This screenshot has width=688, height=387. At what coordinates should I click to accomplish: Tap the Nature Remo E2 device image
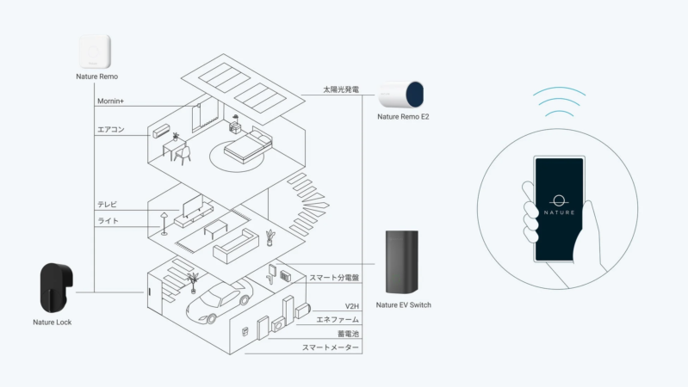pyautogui.click(x=401, y=96)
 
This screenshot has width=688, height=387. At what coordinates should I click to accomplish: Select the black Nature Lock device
pyautogui.click(x=56, y=287)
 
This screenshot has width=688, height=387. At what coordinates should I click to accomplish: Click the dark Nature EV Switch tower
pyautogui.click(x=402, y=261)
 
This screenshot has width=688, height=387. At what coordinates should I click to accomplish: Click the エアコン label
pyautogui.click(x=111, y=131)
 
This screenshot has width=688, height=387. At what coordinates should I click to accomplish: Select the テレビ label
pyautogui.click(x=108, y=205)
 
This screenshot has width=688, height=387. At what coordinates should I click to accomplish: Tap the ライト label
pyautogui.click(x=108, y=222)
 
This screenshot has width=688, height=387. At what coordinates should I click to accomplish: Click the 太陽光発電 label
pyautogui.click(x=340, y=89)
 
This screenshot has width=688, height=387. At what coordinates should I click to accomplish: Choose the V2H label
pyautogui.click(x=351, y=306)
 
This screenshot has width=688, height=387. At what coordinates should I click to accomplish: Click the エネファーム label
pyautogui.click(x=338, y=320)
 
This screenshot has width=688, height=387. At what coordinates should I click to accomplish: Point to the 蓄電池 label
pyautogui.click(x=347, y=334)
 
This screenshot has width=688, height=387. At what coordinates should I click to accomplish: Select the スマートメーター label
pyautogui.click(x=331, y=347)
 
